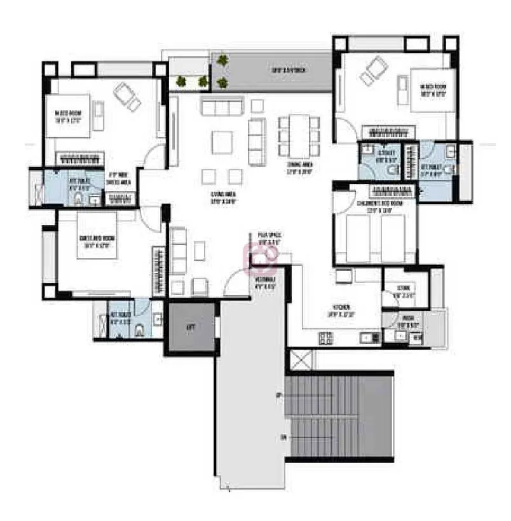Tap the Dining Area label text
[x=292, y=167]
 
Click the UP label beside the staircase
[x=278, y=396]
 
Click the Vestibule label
[x=266, y=282]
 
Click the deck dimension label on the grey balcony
[x=289, y=70]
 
